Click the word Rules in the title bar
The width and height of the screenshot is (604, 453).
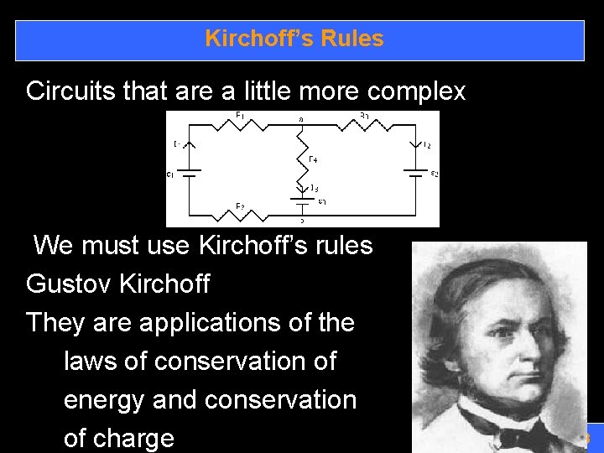pyautogui.click(x=354, y=39)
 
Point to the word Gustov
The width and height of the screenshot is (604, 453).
pyautogui.click(x=70, y=284)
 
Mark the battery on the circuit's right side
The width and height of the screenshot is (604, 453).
pyautogui.click(x=415, y=174)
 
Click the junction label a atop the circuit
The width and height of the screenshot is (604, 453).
pyautogui.click(x=301, y=119)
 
